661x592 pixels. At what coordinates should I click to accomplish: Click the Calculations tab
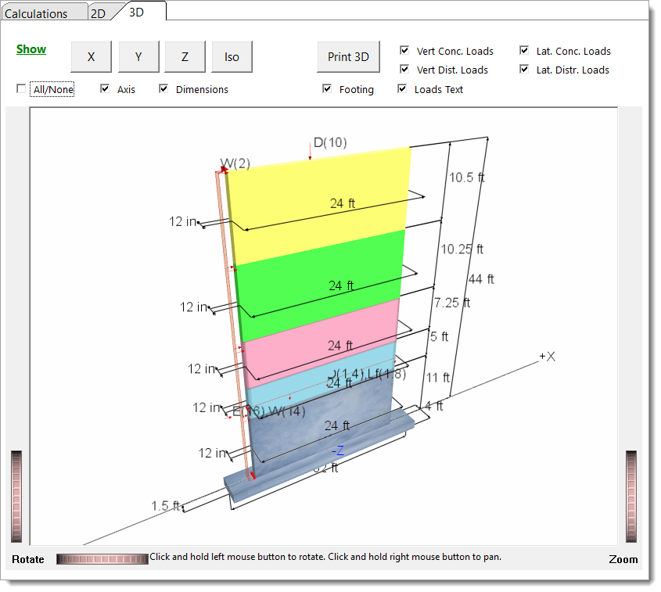36,13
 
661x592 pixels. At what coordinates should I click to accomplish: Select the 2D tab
98,13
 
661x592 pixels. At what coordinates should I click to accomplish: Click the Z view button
185,56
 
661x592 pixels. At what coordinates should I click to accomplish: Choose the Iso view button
232,56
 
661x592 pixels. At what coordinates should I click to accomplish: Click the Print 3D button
348,56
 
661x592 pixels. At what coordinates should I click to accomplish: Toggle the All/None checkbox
21,89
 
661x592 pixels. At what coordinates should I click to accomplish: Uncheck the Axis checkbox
105,89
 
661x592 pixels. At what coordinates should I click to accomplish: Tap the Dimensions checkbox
163,89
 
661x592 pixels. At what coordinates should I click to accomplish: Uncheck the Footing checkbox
327,89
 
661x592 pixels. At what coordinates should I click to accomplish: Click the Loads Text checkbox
402,89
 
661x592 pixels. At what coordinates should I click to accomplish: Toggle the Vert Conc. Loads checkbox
404,51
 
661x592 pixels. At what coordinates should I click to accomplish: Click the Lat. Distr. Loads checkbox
524,70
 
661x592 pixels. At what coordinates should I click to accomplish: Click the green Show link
31,49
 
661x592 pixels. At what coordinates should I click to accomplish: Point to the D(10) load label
330,142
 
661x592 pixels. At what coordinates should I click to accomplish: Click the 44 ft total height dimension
481,279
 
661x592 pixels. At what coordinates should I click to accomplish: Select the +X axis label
547,357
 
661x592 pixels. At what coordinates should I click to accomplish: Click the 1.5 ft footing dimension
165,506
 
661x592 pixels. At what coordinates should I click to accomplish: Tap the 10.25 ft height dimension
462,249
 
